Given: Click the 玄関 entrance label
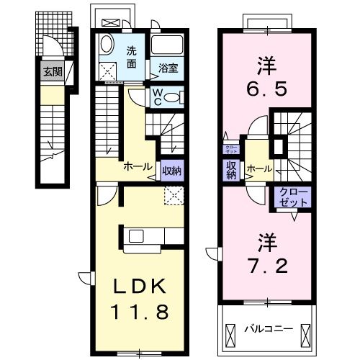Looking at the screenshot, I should [52, 71].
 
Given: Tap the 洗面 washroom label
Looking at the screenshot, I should [132, 57].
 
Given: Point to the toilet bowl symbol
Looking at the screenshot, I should [175, 96].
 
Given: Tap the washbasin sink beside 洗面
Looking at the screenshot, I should [106, 45].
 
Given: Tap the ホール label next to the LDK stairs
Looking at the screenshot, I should [138, 167].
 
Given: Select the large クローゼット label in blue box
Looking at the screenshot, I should [292, 197].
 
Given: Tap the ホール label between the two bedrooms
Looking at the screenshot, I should [258, 169].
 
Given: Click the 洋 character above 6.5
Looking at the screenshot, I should [263, 66].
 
